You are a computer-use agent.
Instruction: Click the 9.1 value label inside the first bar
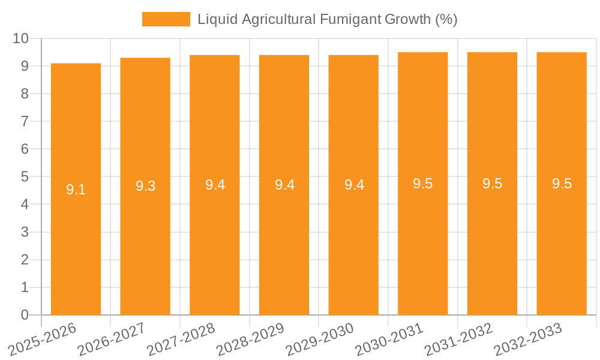pos(76,190)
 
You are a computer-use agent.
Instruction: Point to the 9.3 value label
pos(145,186)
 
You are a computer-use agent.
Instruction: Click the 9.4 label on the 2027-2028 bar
pos(215,185)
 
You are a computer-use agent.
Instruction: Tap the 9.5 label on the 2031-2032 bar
pos(492,184)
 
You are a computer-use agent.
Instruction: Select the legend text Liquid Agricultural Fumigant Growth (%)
pos(328,19)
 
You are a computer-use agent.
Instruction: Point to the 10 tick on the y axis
pos(21,38)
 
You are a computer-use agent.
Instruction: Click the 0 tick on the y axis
pos(25,315)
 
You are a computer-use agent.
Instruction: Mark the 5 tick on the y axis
pos(25,177)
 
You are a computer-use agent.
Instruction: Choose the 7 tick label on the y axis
pos(25,121)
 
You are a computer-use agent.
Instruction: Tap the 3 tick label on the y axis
pos(25,232)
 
